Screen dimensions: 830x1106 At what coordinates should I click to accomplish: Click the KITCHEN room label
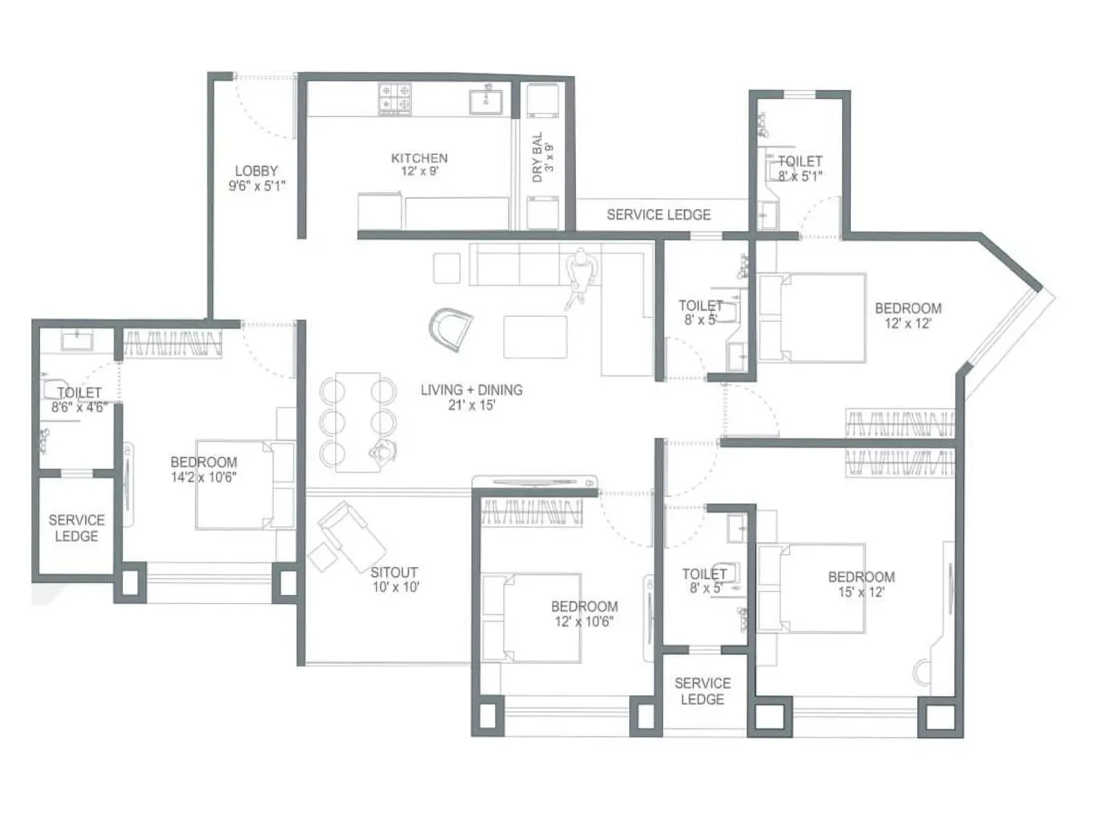pos(419,158)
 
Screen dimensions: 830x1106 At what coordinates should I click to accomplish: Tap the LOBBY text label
pos(256,171)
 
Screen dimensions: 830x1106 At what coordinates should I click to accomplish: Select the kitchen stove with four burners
pos(395,99)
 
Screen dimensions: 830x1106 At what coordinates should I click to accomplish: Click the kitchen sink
pos(486,101)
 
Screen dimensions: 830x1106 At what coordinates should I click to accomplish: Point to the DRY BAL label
pos(538,158)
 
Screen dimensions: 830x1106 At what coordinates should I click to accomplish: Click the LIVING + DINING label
pos(471,390)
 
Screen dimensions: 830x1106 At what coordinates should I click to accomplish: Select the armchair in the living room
pos(451,328)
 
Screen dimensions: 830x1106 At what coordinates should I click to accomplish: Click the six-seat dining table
pos(357,422)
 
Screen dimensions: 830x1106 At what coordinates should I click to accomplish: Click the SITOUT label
pos(394,573)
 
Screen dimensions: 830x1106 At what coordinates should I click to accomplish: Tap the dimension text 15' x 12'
pos(861,592)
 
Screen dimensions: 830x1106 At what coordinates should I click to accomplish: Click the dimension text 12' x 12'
pos(908,324)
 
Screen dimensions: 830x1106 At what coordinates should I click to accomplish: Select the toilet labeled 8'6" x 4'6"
pos(78,400)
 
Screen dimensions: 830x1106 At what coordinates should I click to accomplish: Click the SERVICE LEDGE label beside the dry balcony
pos(658,215)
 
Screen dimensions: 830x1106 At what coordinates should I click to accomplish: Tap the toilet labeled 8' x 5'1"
pos(800,168)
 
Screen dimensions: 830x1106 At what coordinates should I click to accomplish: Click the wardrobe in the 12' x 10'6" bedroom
pos(531,513)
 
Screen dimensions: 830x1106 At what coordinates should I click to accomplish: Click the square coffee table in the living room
pos(535,337)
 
